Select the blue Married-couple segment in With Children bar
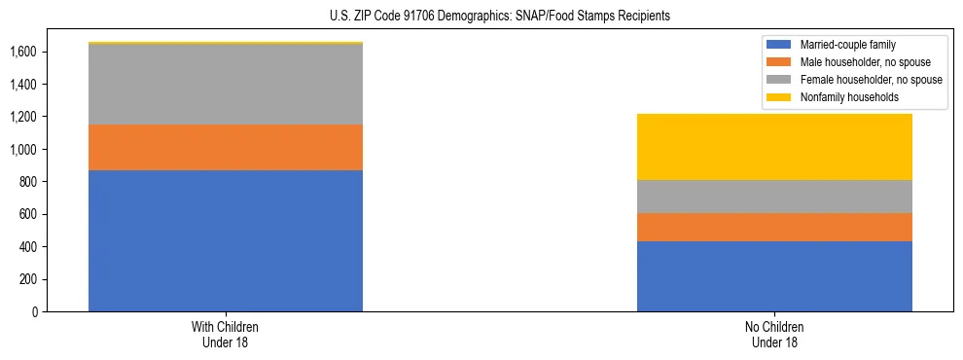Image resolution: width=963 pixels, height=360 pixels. [226, 240]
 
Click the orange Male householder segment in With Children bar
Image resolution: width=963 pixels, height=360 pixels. [226, 147]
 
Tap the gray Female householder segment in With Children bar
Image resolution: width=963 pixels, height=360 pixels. [226, 85]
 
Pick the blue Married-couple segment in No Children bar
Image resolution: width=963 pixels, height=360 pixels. [774, 276]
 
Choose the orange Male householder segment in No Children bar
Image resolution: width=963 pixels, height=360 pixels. [774, 227]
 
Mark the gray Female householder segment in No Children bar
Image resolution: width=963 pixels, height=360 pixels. [774, 197]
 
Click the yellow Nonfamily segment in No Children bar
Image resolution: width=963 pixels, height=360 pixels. [774, 147]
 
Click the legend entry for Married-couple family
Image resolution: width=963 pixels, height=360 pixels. [845, 45]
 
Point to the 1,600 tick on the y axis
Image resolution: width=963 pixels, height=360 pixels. [24, 52]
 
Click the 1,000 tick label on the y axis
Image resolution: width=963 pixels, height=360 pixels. [24, 150]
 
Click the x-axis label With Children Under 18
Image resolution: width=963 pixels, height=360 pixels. [226, 334]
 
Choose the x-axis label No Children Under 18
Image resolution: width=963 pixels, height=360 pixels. [774, 334]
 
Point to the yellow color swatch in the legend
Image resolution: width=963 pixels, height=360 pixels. [779, 97]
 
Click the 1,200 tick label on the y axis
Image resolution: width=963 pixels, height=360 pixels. [24, 117]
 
